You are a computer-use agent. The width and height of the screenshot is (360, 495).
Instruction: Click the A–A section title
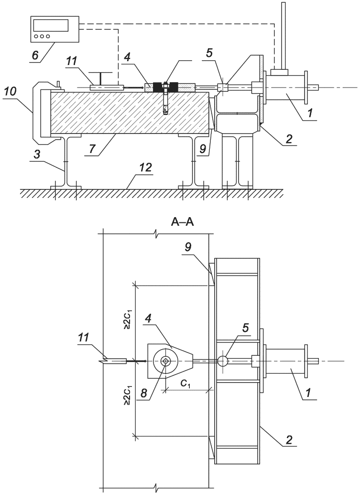click(182, 223)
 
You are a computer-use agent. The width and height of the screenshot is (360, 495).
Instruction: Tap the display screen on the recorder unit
click(51, 25)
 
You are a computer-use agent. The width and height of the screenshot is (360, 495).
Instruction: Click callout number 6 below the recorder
click(36, 55)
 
